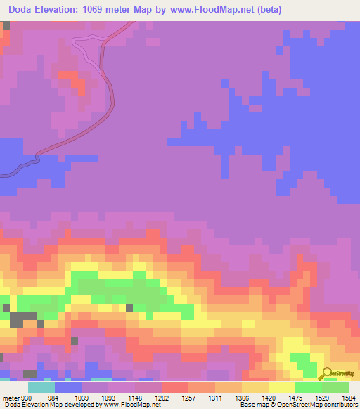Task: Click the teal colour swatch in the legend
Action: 41,388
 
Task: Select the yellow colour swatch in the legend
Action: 281,388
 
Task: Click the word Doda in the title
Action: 23,8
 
